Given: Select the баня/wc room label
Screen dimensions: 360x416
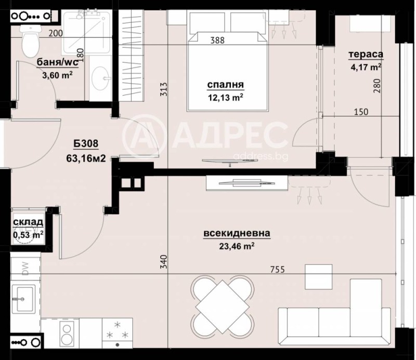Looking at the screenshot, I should pos(57,64).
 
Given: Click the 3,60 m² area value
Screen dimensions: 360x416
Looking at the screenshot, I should pos(57,75).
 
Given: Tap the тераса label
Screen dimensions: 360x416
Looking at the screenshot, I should pos(367,55).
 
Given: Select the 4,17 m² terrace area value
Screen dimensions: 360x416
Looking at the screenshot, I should pos(367,66).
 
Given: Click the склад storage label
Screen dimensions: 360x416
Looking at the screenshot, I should pos(28,223).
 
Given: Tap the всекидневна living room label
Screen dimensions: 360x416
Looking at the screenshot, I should pos(237,234).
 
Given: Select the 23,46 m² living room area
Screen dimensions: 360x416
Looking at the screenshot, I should pos(237,246).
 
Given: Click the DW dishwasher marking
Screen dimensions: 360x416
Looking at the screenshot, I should pos(25,269).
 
